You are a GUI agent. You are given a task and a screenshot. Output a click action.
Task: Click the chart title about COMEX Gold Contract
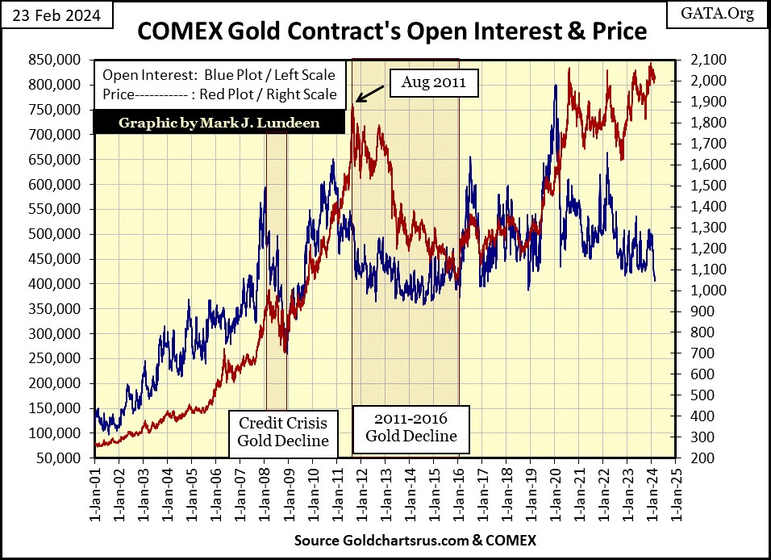point(392,31)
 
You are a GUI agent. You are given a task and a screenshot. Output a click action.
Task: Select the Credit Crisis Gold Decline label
point(282,431)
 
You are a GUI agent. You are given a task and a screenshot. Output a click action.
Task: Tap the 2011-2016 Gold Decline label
point(411,428)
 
